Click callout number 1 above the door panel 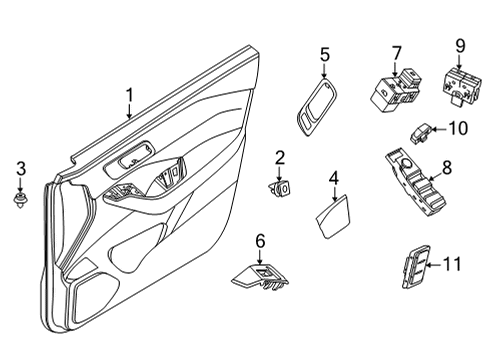129,95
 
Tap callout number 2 280,157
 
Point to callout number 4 333,179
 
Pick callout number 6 260,240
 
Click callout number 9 461,46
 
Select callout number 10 457,127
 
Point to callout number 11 452,264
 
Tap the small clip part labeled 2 281,185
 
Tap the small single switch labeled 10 421,130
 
